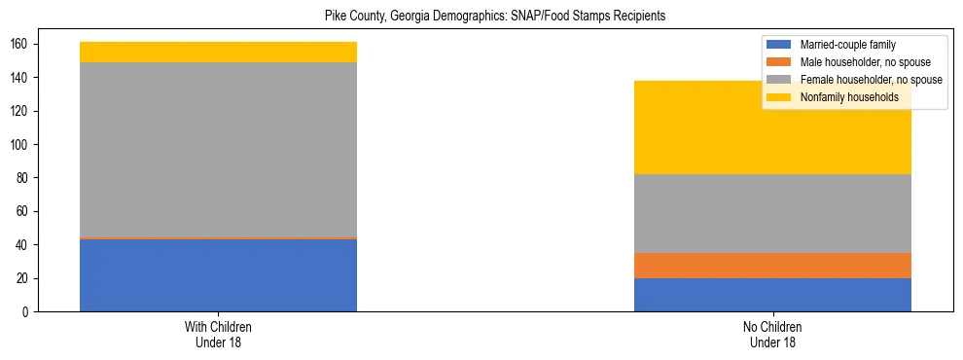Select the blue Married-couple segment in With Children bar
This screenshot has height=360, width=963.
(218, 275)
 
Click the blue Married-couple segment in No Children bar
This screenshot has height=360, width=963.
(772, 295)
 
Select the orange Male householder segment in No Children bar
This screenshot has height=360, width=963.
(772, 266)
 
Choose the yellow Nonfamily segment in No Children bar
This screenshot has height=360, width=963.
(772, 127)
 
